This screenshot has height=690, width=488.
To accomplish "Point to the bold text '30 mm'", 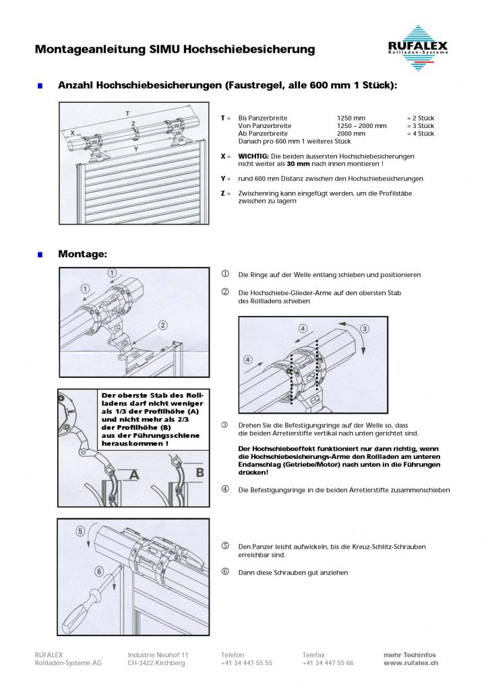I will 297,164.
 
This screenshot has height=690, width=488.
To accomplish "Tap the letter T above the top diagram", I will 128,111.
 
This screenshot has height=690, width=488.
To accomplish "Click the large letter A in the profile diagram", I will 133,475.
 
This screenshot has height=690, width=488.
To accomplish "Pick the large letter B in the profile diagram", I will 200,473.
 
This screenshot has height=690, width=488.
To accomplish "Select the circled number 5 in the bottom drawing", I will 82,531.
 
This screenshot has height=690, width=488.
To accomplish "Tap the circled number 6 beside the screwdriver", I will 99,571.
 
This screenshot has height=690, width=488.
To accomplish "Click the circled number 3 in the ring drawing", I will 365,329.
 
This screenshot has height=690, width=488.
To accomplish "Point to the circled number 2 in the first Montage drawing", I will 162,325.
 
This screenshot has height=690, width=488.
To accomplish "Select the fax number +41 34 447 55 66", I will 328,663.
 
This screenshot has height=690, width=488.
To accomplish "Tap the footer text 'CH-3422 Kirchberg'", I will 156,663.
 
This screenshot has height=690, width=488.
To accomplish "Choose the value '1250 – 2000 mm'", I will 362,126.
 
